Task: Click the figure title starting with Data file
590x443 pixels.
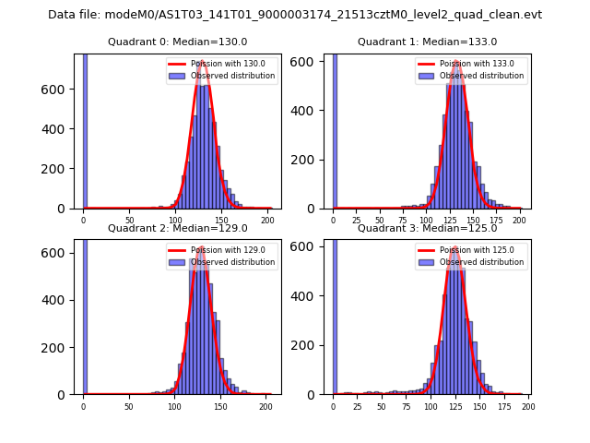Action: click(x=295, y=15)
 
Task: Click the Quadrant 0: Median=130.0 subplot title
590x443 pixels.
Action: click(x=177, y=42)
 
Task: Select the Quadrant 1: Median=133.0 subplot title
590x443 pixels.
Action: click(x=427, y=42)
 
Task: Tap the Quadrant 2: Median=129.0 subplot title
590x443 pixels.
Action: click(x=177, y=228)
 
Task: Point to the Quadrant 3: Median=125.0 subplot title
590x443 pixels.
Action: click(x=427, y=228)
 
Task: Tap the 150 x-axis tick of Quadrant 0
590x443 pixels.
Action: click(x=220, y=220)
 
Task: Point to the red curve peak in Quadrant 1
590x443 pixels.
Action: click(x=456, y=62)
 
